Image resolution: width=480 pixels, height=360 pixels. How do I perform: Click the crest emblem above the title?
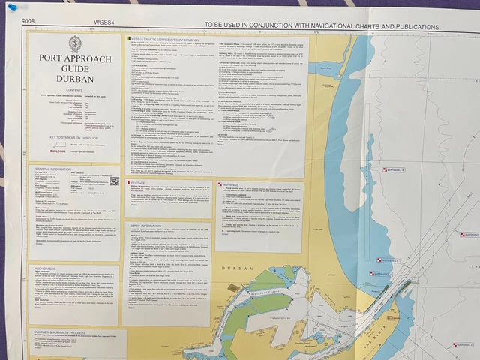[75, 44]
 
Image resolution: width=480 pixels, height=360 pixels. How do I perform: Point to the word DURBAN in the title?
[75, 77]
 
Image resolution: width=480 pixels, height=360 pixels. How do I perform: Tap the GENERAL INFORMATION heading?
[53, 169]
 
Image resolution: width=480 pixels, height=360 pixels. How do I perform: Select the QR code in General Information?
[114, 181]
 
